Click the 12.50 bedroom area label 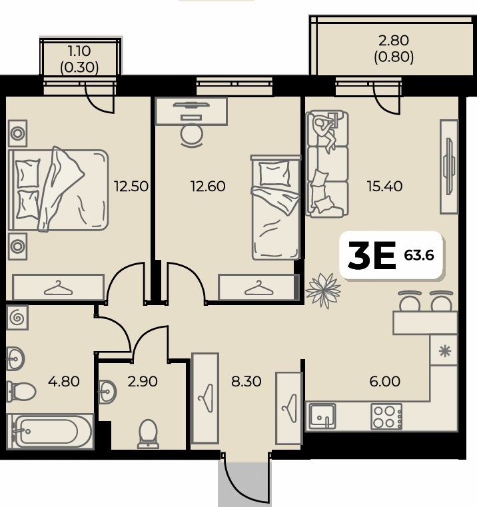point(131,187)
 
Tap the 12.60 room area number point(208,187)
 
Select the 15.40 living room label point(384,187)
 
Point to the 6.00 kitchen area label point(385,382)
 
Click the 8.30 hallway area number point(246,382)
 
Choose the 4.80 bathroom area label point(64,382)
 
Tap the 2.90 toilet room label point(143,382)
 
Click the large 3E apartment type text point(372,256)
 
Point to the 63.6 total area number point(419,255)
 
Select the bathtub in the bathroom point(50,431)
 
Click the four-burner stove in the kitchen point(386,416)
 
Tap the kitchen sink point(322,416)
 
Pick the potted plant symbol point(323,290)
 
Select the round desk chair point(192,135)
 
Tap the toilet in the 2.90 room point(148,434)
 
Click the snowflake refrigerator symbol point(445,351)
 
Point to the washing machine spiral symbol point(17,318)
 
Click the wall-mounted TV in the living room point(448,166)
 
